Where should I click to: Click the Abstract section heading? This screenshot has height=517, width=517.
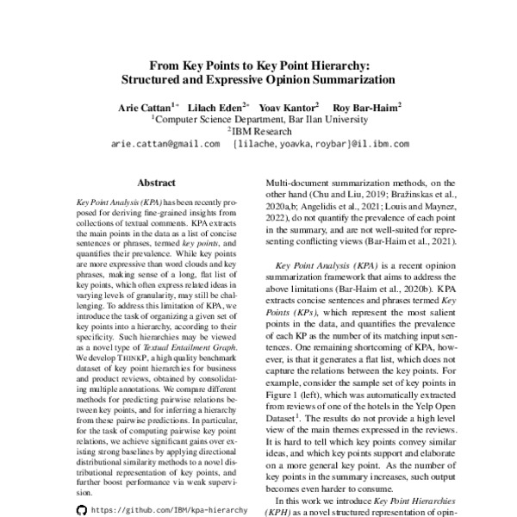coord(156,183)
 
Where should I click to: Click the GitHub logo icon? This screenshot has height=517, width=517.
coord(81,510)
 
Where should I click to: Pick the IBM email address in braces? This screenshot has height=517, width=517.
coord(333,144)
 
